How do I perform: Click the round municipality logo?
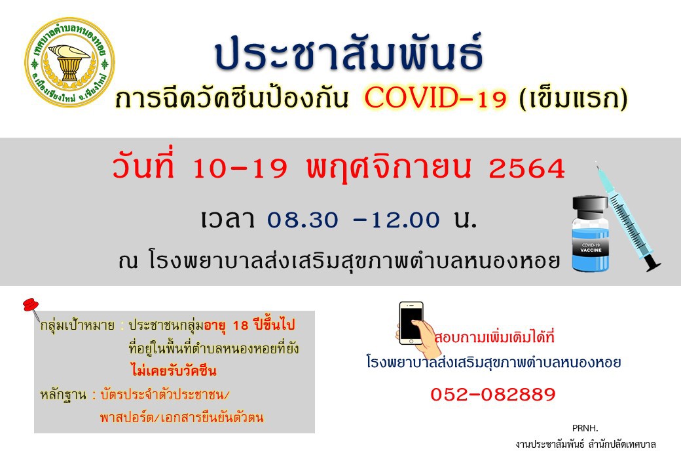click(x=69, y=62)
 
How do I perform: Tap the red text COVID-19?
click(x=435, y=98)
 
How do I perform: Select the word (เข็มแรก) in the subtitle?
click(x=574, y=98)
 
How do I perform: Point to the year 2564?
click(x=527, y=169)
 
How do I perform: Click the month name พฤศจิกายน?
click(x=389, y=167)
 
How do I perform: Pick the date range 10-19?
click(x=240, y=168)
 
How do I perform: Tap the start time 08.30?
click(x=303, y=220)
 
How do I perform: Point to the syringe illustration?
click(x=628, y=216)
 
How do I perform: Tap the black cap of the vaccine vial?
click(x=591, y=207)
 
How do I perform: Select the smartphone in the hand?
click(x=411, y=323)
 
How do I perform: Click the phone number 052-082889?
click(x=493, y=395)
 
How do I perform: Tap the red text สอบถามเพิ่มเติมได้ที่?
click(x=495, y=337)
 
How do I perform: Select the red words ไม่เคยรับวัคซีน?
click(x=174, y=371)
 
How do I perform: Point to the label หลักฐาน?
click(x=63, y=395)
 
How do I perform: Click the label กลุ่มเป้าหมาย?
click(x=77, y=326)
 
